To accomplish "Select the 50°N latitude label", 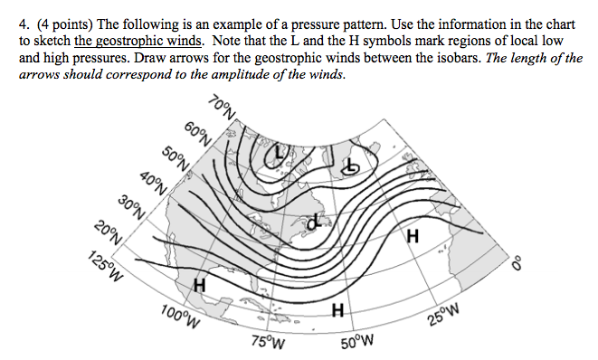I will (x=175, y=157).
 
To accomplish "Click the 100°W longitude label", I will (x=177, y=317).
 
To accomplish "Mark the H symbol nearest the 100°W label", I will (x=200, y=287).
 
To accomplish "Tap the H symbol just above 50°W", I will (x=337, y=312).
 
